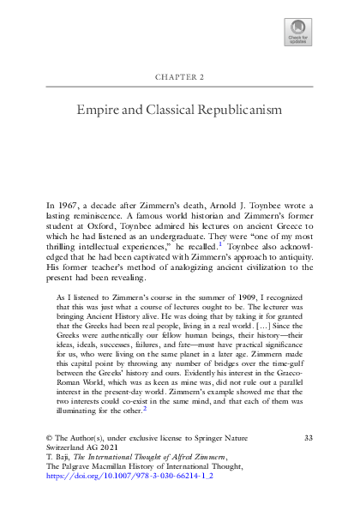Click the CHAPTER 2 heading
[x=179, y=76]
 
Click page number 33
[x=308, y=439]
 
